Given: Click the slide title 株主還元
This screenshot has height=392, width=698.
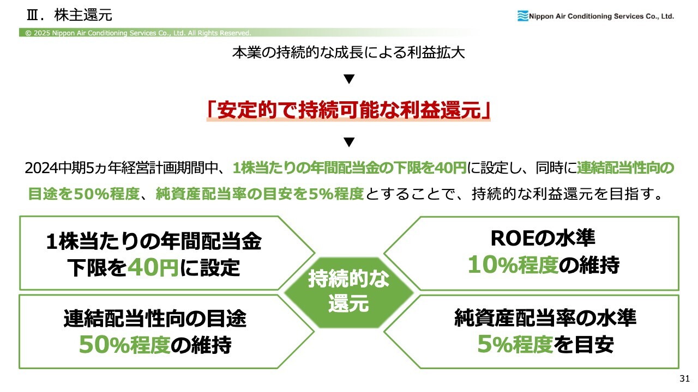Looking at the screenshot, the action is (83, 15).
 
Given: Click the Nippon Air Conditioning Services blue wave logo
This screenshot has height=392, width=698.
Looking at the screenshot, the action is (523, 16).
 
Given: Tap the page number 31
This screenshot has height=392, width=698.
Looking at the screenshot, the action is (684, 378).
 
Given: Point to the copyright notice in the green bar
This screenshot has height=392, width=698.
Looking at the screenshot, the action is (138, 33).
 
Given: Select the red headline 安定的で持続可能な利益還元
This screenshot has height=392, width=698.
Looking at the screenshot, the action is (348, 110).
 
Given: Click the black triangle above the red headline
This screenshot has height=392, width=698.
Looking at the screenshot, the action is (349, 79).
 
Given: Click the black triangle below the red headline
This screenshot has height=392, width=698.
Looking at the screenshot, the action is (349, 142).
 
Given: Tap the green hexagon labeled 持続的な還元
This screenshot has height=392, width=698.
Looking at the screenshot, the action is (348, 292).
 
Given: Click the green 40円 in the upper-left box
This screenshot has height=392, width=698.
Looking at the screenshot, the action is (153, 267).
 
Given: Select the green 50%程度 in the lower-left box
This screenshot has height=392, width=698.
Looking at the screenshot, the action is (125, 345).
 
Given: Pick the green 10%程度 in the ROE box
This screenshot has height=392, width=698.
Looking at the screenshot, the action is (513, 265).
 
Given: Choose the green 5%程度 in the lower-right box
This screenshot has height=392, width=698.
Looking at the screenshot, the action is (515, 344).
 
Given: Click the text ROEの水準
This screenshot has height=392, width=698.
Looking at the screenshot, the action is (543, 238).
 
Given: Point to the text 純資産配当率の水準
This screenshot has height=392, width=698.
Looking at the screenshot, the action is (545, 318).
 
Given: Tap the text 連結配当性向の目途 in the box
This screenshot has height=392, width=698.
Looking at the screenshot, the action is (155, 318).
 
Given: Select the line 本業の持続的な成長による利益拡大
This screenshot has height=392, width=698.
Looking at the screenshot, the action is (348, 52).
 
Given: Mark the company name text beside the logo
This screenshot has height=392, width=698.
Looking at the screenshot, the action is (601, 16).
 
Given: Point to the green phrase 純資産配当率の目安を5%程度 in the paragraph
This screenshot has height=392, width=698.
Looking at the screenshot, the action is (260, 194).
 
